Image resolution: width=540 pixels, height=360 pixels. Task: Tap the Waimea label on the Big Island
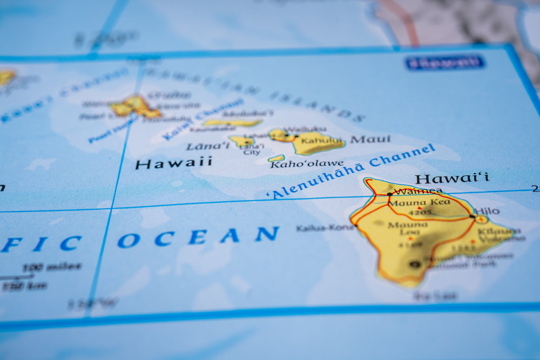pyautogui.click(x=417, y=191)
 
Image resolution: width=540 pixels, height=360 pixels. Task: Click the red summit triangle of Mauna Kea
pyautogui.click(x=418, y=208)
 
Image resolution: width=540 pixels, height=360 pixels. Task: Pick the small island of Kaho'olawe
pyautogui.click(x=276, y=158)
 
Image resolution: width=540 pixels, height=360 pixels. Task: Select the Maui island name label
pyautogui.click(x=370, y=139)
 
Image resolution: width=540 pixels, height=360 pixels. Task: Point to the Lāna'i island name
pyautogui.click(x=207, y=146)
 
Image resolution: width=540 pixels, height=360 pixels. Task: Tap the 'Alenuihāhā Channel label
pyautogui.click(x=350, y=171)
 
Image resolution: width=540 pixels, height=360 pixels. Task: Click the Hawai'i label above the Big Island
pyautogui.click(x=452, y=178)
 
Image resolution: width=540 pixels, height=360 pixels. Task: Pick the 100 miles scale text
pyautogui.click(x=52, y=267)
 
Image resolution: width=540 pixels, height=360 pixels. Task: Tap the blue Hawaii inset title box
pyautogui.click(x=444, y=63)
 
